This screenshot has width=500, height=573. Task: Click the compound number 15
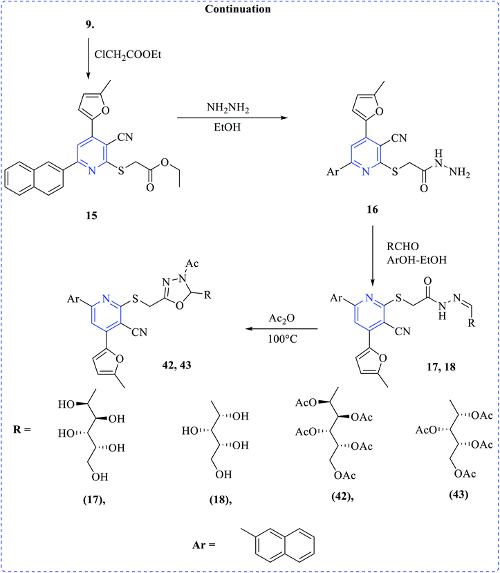click(92, 216)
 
